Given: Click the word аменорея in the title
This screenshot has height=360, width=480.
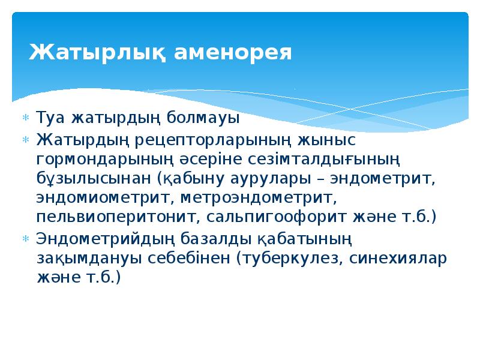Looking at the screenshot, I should click(x=233, y=52).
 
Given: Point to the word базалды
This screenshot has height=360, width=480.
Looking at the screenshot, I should click(x=209, y=239).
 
